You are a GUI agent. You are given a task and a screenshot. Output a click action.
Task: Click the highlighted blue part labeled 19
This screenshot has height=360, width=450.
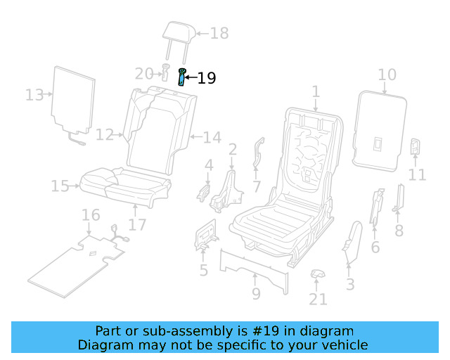[x=183, y=77]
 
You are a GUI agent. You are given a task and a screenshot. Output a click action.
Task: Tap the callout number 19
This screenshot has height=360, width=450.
[x=206, y=78]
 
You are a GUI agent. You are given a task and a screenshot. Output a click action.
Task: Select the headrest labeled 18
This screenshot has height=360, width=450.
[x=176, y=32]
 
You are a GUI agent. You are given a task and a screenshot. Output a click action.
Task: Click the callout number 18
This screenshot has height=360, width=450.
[x=219, y=33]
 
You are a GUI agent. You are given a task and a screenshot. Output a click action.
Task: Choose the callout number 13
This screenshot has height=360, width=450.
[x=34, y=94]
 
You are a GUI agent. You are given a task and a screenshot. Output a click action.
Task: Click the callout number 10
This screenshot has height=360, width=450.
[x=387, y=75]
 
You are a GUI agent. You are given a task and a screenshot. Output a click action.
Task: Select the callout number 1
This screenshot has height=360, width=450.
[x=316, y=91]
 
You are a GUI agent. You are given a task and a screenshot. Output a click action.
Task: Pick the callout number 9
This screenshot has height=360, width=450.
[x=256, y=293]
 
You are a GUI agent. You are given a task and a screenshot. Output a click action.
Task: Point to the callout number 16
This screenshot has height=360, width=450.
[x=91, y=214]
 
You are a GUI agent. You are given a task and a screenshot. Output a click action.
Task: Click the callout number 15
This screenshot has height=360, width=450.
[x=60, y=186]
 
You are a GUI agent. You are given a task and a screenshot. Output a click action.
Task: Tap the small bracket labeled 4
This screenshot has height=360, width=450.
[x=205, y=191]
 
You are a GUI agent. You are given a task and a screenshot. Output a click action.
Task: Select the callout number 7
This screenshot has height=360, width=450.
[x=257, y=186]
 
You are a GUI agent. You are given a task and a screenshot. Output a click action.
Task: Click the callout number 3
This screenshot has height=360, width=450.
[x=350, y=284]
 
